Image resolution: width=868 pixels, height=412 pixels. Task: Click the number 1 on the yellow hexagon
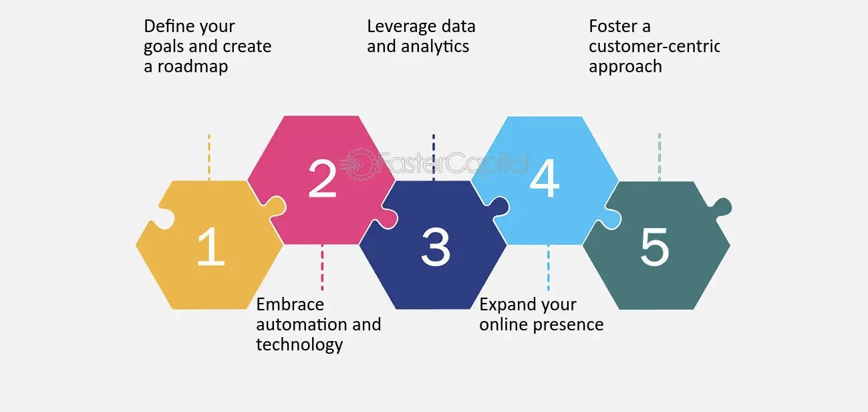point(211,246)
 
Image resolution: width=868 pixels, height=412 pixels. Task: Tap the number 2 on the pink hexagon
point(322,179)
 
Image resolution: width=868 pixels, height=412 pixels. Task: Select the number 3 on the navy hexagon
point(436,247)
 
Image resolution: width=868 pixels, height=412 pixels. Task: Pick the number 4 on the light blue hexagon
point(545,179)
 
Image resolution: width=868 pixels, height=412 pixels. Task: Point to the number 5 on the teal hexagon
point(655,247)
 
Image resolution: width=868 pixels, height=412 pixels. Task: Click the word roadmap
point(192,67)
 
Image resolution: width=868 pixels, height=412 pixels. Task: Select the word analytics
point(435,47)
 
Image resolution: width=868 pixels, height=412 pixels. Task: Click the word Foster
point(613,26)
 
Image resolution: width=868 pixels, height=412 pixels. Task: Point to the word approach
point(625,67)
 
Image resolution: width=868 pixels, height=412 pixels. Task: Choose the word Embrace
point(290,304)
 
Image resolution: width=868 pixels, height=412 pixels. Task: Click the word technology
point(299,345)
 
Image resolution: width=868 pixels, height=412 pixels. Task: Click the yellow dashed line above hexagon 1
point(209,157)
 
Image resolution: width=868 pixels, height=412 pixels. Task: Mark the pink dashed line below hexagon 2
point(322,268)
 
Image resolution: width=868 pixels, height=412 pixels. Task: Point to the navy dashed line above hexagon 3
point(434,157)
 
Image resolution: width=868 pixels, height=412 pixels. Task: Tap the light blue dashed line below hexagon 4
point(548,268)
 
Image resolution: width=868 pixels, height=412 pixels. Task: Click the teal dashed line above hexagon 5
point(660,157)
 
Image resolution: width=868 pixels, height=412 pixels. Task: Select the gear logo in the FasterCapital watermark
point(358,164)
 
